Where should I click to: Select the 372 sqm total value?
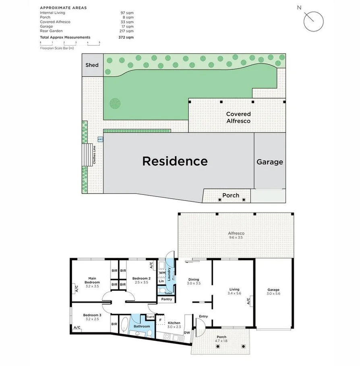(x=126, y=37)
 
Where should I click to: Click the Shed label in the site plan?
(x=92, y=65)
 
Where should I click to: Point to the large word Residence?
(x=175, y=161)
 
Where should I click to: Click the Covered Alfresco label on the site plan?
(x=238, y=117)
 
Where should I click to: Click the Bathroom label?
(x=142, y=326)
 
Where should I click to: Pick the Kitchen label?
(x=174, y=323)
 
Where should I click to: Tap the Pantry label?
(x=166, y=299)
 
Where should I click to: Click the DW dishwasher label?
(x=187, y=333)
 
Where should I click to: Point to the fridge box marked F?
(x=161, y=320)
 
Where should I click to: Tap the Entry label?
(x=203, y=316)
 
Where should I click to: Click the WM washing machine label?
(x=161, y=273)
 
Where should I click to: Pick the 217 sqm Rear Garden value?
(x=129, y=31)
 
